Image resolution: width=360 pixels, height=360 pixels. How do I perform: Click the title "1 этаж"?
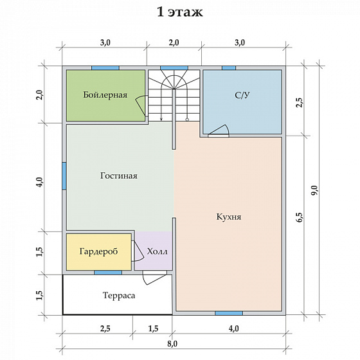click(x=180, y=12)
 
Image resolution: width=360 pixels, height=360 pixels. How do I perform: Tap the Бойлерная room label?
click(x=105, y=95)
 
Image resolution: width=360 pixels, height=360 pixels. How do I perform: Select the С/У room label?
click(x=242, y=95)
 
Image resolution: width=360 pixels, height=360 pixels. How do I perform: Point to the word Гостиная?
click(x=119, y=176)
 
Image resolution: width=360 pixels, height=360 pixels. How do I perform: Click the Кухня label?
click(x=229, y=217)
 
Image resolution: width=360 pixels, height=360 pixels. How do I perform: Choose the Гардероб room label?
click(x=99, y=251)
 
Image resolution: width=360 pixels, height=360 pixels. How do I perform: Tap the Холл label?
click(x=157, y=251)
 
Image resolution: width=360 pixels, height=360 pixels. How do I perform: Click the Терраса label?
click(x=119, y=295)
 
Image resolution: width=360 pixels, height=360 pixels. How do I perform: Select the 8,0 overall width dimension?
click(x=173, y=344)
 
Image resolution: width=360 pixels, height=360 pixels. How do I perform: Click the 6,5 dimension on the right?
click(x=300, y=217)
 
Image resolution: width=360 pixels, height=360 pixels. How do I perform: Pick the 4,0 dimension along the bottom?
click(x=234, y=328)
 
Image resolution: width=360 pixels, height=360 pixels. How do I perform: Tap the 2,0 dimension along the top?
click(x=174, y=42)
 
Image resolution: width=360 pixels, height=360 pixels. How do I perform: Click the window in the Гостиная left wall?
click(x=64, y=176)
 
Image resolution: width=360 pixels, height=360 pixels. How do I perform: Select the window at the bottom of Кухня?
click(x=229, y=313)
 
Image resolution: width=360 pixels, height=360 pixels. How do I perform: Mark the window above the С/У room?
click(x=229, y=68)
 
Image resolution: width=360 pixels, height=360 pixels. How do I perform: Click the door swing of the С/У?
click(x=219, y=132)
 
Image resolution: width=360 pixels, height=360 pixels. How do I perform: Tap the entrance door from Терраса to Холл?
click(x=154, y=277)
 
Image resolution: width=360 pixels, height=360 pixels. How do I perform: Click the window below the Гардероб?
click(x=108, y=273)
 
